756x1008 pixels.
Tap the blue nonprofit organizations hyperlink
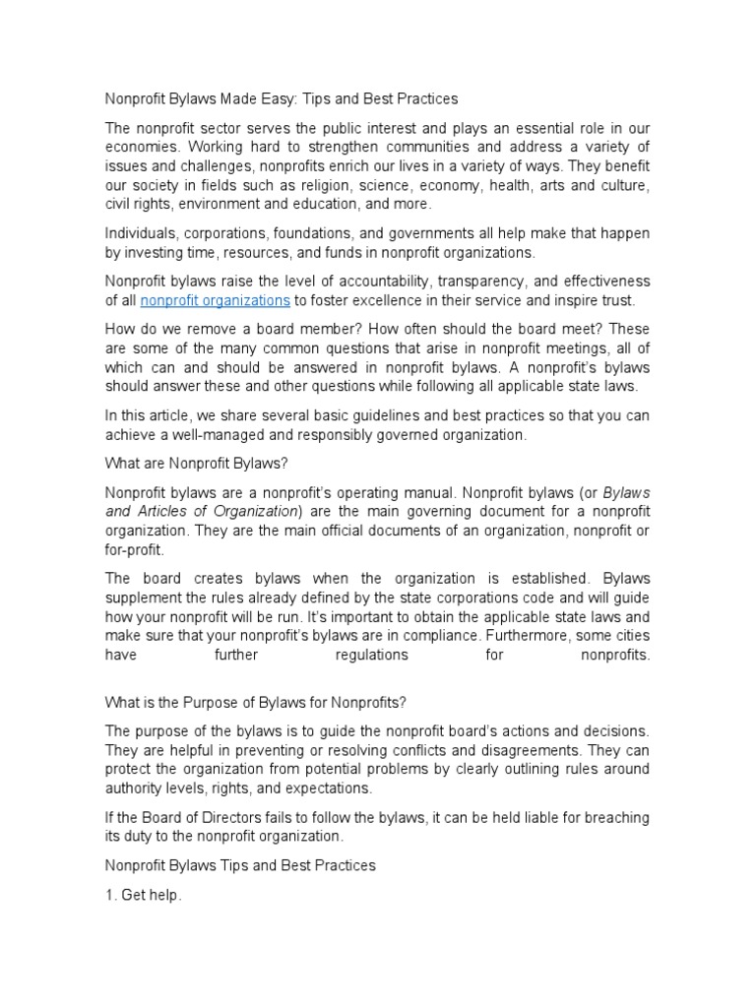click(x=215, y=300)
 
